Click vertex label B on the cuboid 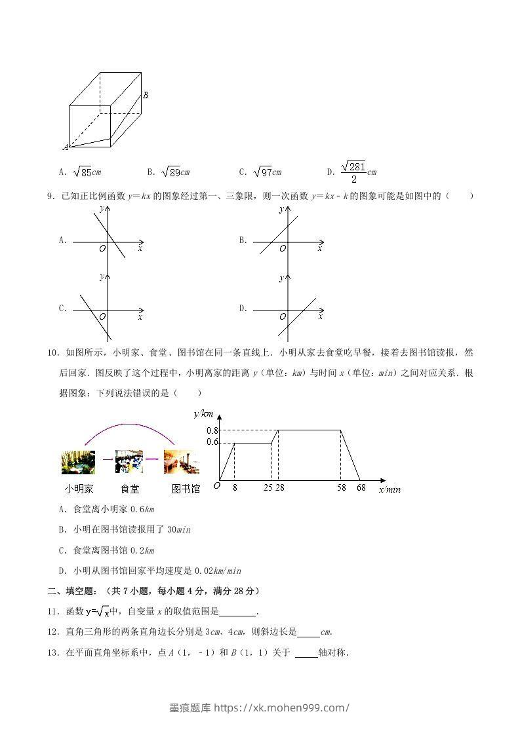coord(145,95)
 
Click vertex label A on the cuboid coord(66,147)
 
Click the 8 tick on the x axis coord(235,488)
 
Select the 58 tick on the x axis coord(340,488)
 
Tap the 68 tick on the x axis coord(361,488)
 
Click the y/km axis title coord(203,413)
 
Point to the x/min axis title coord(390,489)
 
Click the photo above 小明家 coord(78,461)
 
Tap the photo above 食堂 coord(129,461)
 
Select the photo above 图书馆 coord(181,461)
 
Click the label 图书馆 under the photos coord(186,489)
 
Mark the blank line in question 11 coord(237,613)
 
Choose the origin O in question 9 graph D coord(283,317)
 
